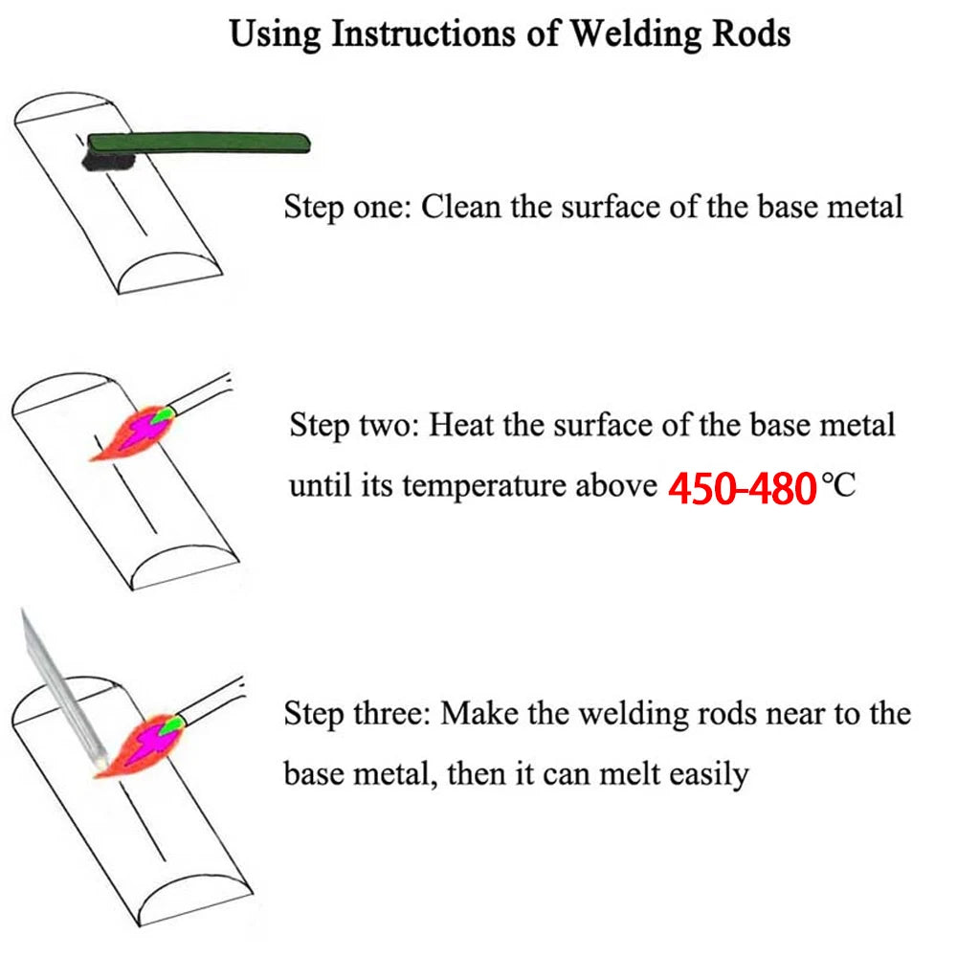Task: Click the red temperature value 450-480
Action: [x=741, y=488]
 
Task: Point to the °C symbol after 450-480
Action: [x=839, y=486]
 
